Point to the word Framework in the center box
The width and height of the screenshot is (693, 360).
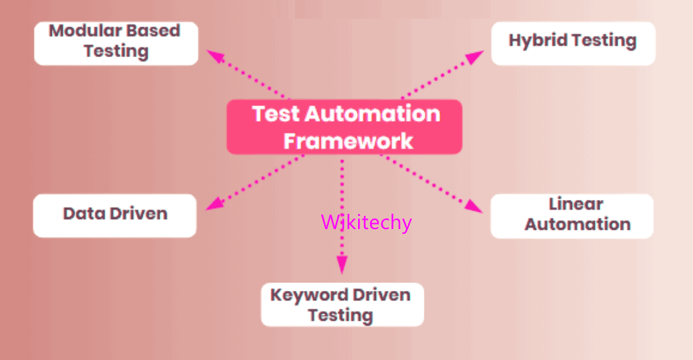click(348, 141)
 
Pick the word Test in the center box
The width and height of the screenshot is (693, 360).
click(275, 114)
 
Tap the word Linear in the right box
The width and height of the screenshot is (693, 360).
click(575, 204)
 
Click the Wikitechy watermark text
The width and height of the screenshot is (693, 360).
click(366, 223)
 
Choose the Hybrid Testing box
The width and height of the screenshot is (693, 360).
click(573, 44)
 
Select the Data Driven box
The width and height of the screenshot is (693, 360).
click(115, 216)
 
